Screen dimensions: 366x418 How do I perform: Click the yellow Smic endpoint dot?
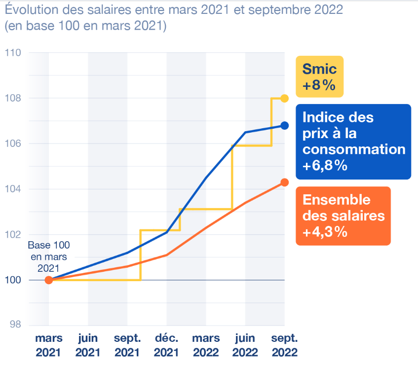click(284, 98)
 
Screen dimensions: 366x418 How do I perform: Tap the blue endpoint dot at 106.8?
click(284, 125)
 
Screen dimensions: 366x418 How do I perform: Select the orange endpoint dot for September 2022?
click(284, 182)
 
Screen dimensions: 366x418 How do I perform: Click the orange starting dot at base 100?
click(48, 280)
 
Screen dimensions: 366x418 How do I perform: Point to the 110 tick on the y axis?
click(13, 53)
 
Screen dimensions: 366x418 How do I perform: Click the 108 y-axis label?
click(13, 98)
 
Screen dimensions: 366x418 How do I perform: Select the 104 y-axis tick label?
click(13, 189)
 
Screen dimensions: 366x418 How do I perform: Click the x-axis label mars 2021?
click(48, 345)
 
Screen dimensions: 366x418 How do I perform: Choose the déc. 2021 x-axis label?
click(166, 345)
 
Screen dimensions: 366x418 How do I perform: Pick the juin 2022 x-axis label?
click(245, 345)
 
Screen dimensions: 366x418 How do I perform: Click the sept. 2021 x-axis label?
click(127, 345)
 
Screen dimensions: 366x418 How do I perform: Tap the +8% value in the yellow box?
click(319, 85)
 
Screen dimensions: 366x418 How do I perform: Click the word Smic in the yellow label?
click(319, 70)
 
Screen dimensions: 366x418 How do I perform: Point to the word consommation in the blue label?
click(353, 149)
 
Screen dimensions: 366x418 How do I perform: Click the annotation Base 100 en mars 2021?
click(48, 256)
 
